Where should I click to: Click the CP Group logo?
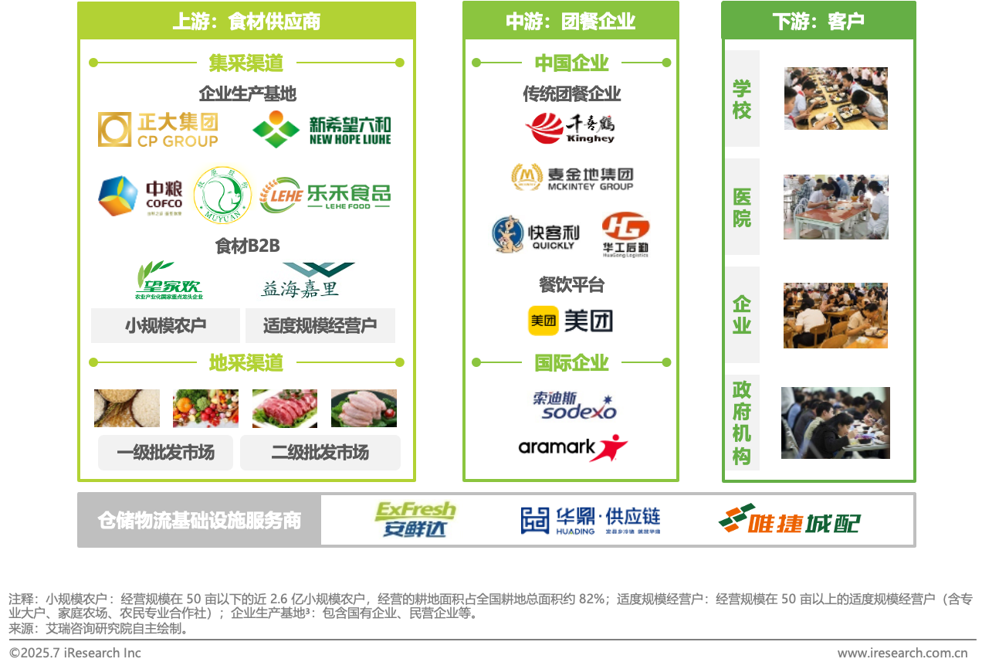point(157,130)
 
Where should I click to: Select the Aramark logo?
point(573,447)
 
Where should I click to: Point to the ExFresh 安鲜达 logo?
point(416,520)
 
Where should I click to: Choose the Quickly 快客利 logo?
point(536,235)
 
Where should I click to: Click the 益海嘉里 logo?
point(307,280)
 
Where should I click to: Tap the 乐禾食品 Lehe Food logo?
point(325,195)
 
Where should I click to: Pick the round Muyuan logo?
point(221,194)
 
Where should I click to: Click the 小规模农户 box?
point(165,326)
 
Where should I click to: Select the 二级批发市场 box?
point(320,453)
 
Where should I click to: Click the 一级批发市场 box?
point(165,453)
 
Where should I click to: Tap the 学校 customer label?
point(742,99)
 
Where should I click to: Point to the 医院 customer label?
point(742,207)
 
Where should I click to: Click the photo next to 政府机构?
point(835,423)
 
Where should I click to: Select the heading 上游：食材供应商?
point(246,21)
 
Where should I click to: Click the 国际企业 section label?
point(571,363)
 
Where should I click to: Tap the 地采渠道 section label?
point(246,362)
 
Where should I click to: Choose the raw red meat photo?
point(284,409)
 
